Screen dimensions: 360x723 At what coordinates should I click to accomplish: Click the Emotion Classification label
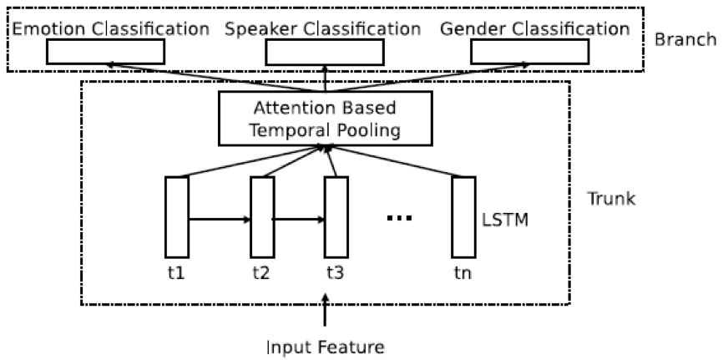(110, 29)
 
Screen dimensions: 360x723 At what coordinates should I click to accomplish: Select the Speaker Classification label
(323, 29)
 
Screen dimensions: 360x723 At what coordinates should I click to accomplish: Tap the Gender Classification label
(536, 29)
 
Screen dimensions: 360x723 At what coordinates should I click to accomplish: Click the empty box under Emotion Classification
(106, 52)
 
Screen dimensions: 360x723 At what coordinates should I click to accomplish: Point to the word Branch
(685, 39)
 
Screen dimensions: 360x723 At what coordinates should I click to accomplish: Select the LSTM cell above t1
(177, 217)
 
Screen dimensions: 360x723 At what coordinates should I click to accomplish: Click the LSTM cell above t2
(262, 217)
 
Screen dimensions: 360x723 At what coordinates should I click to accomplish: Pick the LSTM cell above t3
(336, 217)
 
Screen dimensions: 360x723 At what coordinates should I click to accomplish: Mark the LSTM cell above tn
(463, 217)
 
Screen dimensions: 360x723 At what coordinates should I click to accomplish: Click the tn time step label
(463, 272)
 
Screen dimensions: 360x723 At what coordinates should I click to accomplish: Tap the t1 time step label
(176, 272)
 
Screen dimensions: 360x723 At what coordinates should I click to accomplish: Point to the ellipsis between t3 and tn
(401, 219)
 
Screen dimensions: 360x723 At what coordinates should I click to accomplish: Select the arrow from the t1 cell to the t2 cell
(220, 221)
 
